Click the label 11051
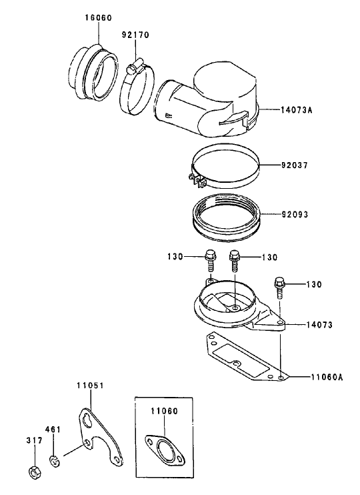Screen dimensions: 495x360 coord(89,386)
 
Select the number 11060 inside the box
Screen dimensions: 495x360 coord(163,411)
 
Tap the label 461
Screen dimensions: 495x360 coord(53,429)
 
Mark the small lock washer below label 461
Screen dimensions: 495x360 coord(54,460)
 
